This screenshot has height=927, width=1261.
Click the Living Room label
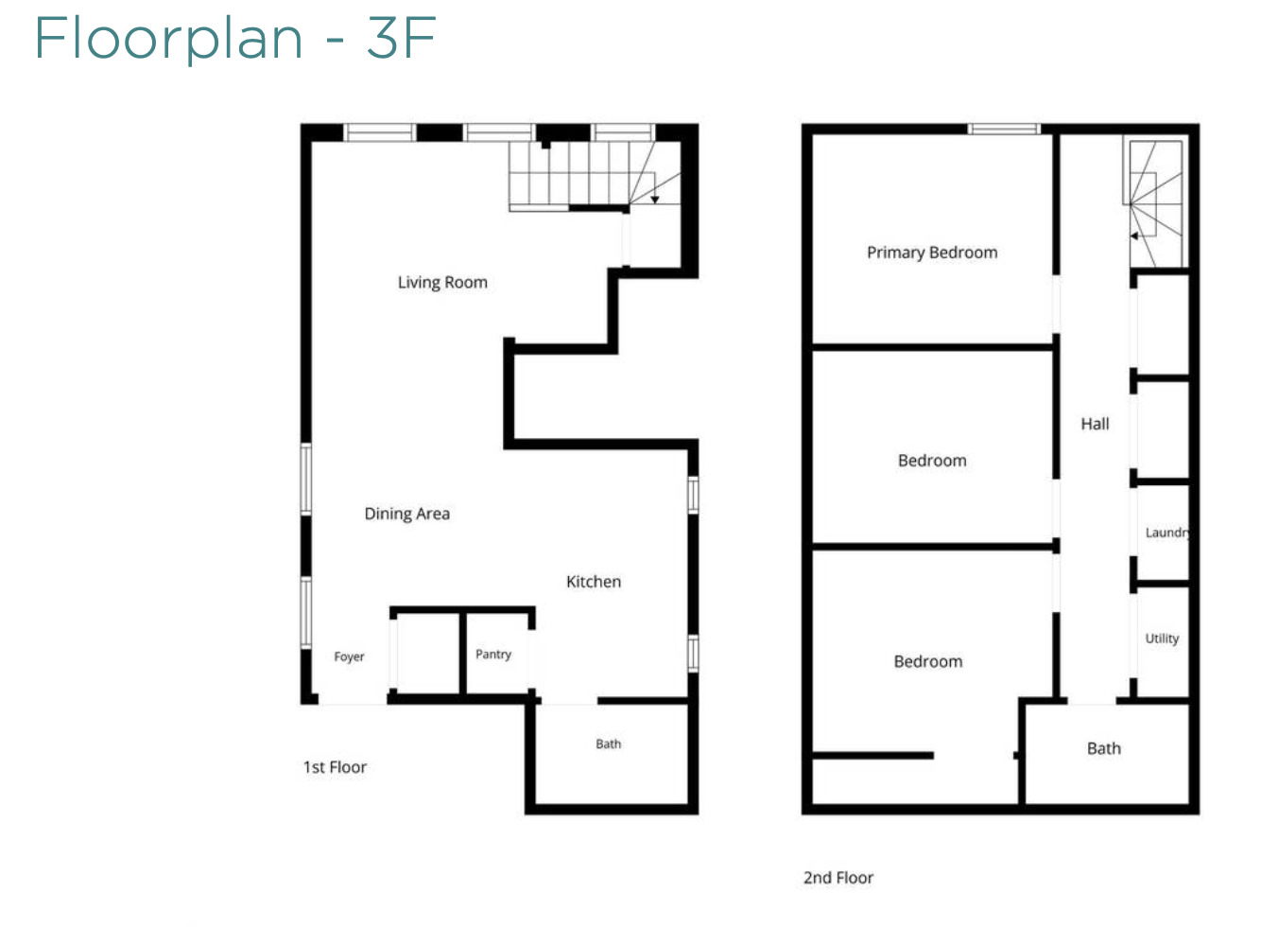tap(442, 282)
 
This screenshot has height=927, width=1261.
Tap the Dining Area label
tap(407, 514)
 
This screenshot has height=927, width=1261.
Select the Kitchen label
tap(594, 582)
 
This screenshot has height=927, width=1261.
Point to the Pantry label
tap(493, 654)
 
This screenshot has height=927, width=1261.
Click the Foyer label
tap(349, 656)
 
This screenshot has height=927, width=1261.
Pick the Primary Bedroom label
tap(932, 253)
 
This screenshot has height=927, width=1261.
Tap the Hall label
tap(1095, 424)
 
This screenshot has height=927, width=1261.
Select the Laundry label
tap(1167, 533)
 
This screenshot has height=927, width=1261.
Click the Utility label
tap(1162, 638)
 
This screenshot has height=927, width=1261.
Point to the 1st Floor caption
tap(335, 767)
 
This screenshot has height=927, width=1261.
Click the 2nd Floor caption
tap(838, 878)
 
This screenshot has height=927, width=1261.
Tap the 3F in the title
tap(402, 38)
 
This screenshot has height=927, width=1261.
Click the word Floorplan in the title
tap(169, 40)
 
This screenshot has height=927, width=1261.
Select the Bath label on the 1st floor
tap(608, 744)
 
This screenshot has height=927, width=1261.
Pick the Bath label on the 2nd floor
tap(1104, 748)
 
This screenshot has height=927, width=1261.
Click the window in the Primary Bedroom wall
tap(1004, 129)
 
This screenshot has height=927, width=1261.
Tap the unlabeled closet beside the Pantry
tap(428, 654)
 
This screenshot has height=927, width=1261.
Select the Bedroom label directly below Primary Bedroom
tap(932, 461)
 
